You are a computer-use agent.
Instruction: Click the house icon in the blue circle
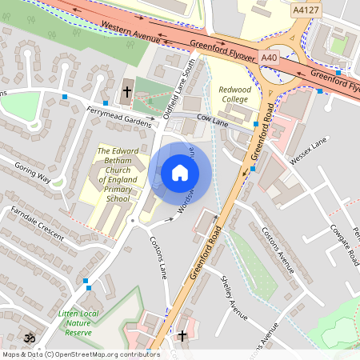pos(180,173)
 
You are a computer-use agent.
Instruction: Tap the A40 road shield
pos(270,58)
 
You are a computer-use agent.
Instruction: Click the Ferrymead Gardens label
pos(119,117)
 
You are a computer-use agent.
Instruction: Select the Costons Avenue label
pos(278,249)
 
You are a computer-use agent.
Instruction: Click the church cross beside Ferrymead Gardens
pos(126,92)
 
